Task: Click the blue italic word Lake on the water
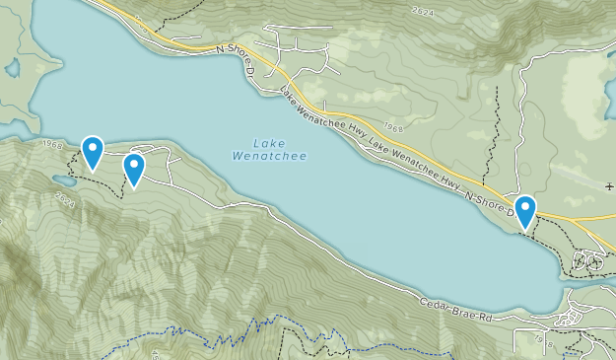269,142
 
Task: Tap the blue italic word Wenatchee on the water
269,156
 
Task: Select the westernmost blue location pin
93,151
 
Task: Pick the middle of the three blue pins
134,169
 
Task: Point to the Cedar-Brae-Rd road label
455,310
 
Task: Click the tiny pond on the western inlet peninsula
12,69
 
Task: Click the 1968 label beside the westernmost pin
54,145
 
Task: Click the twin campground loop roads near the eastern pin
589,262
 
